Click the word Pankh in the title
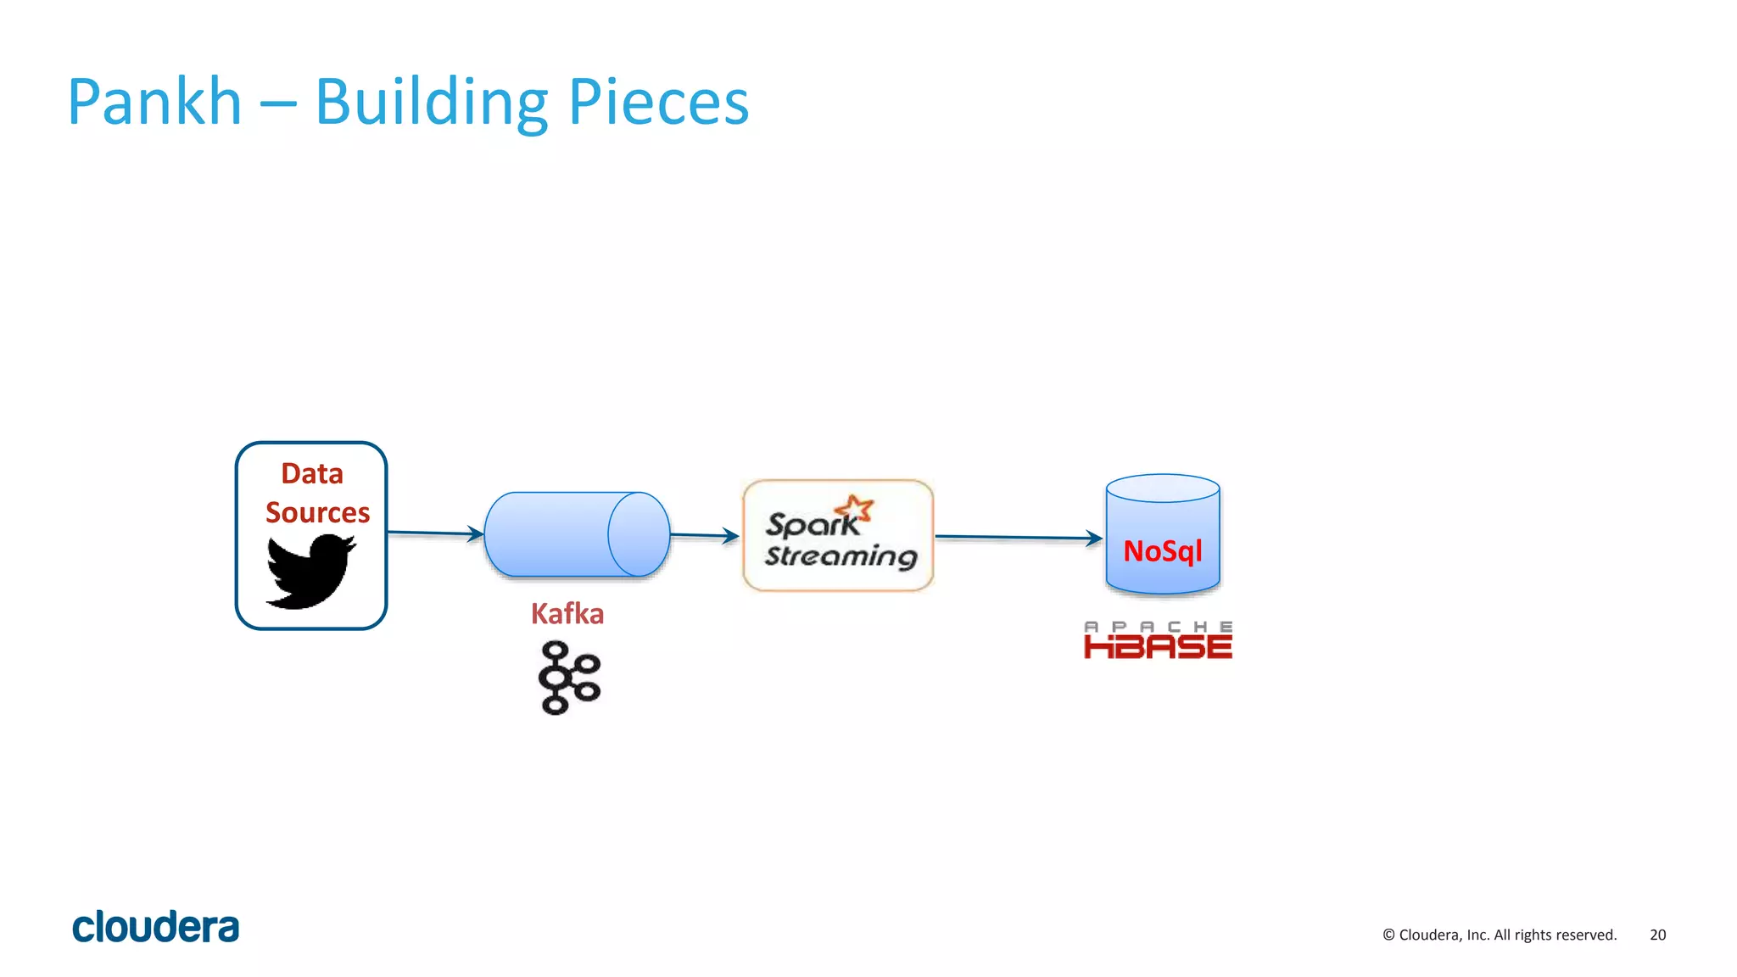(x=154, y=102)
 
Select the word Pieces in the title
(x=658, y=102)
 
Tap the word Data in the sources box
(x=312, y=473)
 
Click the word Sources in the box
(x=317, y=512)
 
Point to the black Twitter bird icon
(x=309, y=571)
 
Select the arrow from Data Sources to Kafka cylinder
(x=434, y=533)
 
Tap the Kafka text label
(x=567, y=613)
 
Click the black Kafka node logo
(x=569, y=678)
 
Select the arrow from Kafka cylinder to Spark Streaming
(x=704, y=535)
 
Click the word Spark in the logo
(x=811, y=525)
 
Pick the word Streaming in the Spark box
(x=841, y=556)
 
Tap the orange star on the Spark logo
(x=855, y=508)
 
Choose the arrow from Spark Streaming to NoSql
(x=1018, y=537)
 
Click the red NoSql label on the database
(x=1162, y=551)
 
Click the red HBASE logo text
(x=1158, y=647)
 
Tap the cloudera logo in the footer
(x=156, y=927)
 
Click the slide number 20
(x=1657, y=935)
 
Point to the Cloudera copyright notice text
(x=1499, y=935)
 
